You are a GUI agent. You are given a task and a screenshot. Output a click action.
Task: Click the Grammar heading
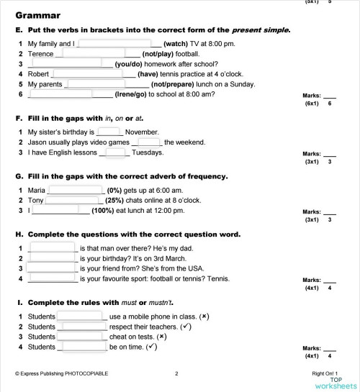point(37,15)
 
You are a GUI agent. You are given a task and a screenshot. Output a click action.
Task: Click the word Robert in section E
point(39,73)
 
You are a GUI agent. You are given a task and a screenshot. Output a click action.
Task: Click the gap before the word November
point(109,132)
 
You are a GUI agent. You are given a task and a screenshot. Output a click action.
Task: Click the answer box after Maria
point(72,190)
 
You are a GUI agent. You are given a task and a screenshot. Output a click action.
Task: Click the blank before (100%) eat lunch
point(60,210)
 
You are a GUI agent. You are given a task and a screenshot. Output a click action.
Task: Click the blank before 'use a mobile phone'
point(81,316)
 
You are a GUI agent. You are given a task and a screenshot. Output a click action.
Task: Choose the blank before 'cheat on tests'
point(81,336)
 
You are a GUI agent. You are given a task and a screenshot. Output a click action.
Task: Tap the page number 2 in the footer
point(176,373)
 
